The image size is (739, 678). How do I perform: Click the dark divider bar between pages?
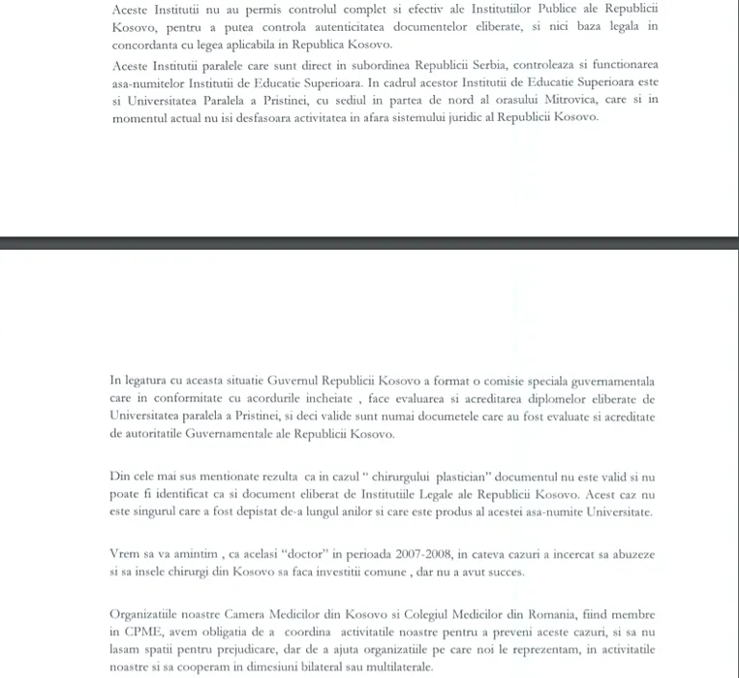click(369, 243)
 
